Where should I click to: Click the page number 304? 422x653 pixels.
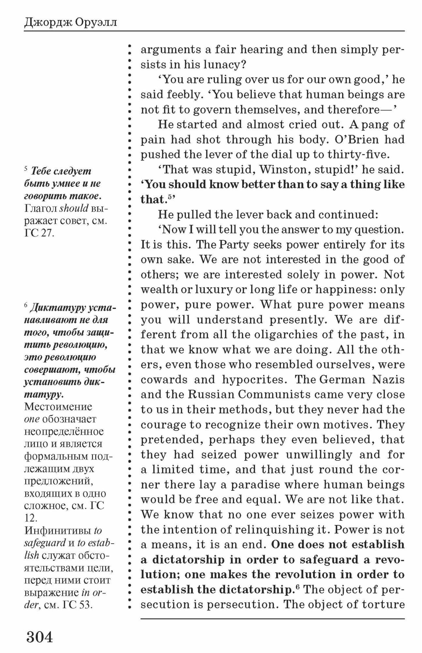click(x=39, y=637)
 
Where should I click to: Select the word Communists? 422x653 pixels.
click(x=274, y=395)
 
